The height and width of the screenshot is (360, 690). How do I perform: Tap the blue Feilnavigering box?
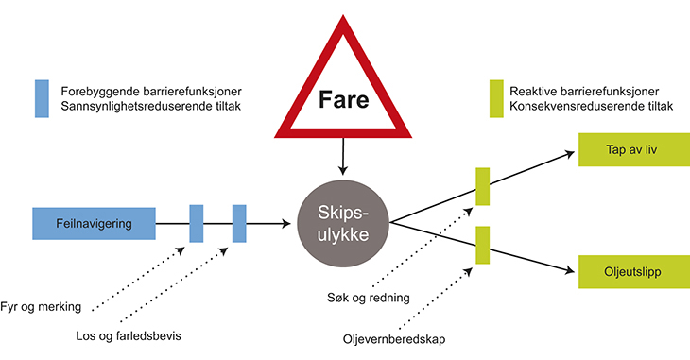[x=94, y=223]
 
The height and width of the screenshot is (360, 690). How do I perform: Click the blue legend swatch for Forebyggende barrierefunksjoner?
[x=42, y=99]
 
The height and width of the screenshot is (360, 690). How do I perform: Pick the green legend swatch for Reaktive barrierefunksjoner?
[x=496, y=99]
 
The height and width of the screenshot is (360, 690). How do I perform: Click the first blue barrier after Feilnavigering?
[x=197, y=223]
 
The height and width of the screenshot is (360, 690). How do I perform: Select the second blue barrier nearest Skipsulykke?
[x=239, y=223]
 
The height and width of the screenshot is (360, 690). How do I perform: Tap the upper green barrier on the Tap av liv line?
[x=482, y=186]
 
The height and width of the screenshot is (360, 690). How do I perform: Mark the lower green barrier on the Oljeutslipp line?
[x=482, y=245]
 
